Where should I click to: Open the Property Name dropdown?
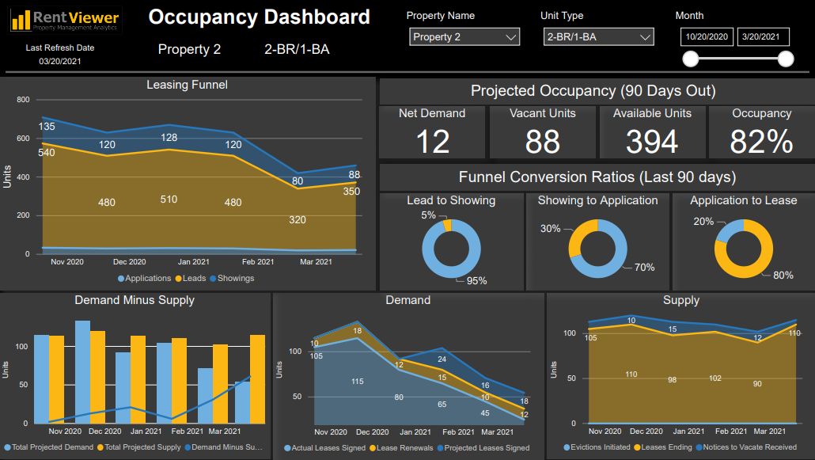(464, 37)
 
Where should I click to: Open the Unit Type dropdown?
(599, 37)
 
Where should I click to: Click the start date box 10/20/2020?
(707, 37)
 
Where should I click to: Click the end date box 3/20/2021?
(764, 37)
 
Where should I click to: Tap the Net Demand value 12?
(432, 142)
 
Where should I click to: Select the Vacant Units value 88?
(543, 142)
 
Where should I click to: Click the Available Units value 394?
(652, 142)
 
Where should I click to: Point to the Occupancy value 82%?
(761, 142)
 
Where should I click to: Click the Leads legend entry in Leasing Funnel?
(192, 279)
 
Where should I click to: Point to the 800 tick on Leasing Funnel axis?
(22, 100)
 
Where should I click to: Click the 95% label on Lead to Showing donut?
(476, 280)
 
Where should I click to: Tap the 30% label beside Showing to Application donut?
(550, 229)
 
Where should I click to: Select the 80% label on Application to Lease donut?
(783, 276)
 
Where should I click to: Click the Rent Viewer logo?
(66, 20)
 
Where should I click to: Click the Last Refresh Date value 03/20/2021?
(59, 62)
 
